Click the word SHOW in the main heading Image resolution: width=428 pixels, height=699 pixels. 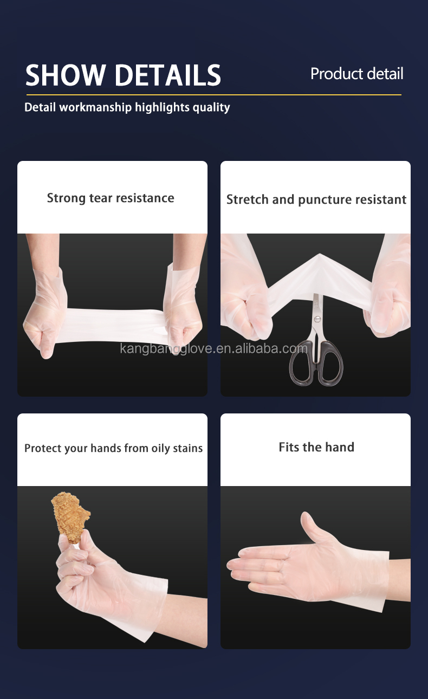(65, 75)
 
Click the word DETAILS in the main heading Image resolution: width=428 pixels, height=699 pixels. (168, 75)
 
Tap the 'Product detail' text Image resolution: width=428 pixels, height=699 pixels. (357, 74)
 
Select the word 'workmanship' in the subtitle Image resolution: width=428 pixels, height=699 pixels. (95, 108)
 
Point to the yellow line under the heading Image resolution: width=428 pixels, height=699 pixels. (214, 94)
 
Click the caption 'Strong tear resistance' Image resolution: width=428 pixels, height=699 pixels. (111, 198)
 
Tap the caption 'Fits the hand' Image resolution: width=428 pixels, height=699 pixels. (316, 447)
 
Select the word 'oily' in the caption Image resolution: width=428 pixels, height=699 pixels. (161, 449)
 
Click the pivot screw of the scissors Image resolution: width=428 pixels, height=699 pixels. (317, 319)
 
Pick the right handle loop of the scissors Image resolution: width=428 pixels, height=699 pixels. (330, 364)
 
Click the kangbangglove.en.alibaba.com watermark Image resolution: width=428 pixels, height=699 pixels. (213, 348)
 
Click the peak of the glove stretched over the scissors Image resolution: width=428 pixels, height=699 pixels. (320, 254)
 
